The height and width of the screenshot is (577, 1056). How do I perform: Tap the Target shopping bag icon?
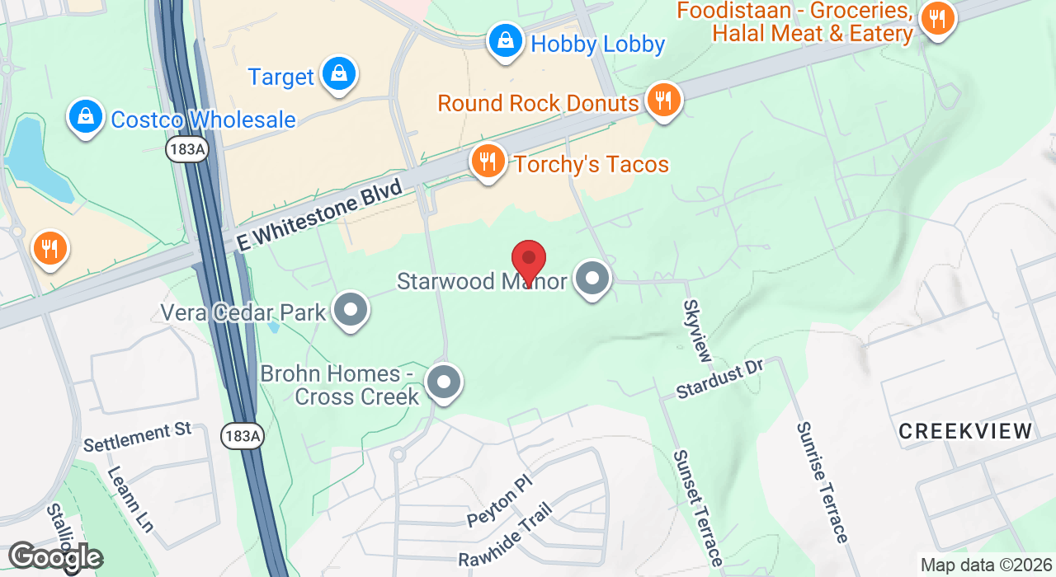pos(338,74)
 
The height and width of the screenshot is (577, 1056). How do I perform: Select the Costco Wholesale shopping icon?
pos(85,117)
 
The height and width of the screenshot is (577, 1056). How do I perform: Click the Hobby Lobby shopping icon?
pos(504,40)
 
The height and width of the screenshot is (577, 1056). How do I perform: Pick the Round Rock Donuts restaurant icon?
pos(662,101)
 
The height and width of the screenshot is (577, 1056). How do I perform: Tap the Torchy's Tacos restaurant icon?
pos(488,162)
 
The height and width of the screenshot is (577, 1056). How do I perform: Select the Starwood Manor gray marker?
pos(592,279)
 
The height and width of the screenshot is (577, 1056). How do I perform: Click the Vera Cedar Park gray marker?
pos(351,311)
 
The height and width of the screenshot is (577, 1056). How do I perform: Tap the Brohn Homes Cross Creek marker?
pos(444,382)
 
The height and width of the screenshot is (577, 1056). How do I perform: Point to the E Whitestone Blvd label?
pos(319,216)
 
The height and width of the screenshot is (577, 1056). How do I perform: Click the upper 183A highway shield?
pos(186,149)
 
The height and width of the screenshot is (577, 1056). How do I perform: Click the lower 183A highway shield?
pos(242,436)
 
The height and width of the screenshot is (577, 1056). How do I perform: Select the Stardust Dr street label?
pos(720,379)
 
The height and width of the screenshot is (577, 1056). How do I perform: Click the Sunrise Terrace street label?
pos(822,482)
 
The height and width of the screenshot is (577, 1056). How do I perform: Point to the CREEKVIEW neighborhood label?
pos(965,431)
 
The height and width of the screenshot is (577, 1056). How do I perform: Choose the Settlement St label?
pos(138,437)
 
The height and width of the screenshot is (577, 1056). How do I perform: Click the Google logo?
pos(54,558)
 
